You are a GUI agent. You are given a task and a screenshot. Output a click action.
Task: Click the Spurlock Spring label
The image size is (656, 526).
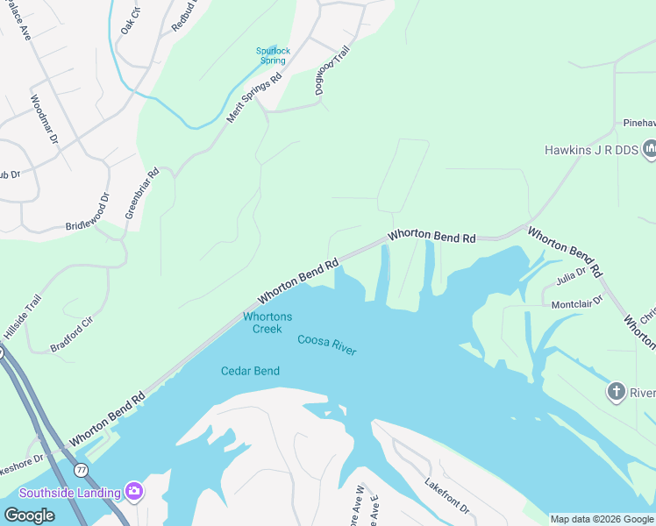click(x=272, y=56)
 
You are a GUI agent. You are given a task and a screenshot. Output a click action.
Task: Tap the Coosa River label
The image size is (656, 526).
click(x=326, y=344)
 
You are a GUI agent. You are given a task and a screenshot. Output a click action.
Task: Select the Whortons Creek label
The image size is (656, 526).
click(x=267, y=323)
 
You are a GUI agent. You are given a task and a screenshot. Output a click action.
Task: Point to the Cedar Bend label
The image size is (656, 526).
click(x=250, y=371)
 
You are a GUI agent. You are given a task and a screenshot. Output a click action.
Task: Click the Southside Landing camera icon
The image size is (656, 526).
click(x=133, y=490)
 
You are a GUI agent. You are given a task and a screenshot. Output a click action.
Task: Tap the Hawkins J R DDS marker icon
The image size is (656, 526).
click(x=650, y=150)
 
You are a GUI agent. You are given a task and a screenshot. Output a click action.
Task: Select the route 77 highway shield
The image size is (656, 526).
click(x=81, y=470)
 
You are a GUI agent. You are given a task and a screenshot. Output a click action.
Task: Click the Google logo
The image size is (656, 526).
click(x=29, y=515)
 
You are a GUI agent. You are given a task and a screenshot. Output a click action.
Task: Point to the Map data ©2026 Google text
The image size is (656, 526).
click(x=601, y=519)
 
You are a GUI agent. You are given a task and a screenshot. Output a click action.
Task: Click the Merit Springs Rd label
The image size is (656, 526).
click(x=253, y=97)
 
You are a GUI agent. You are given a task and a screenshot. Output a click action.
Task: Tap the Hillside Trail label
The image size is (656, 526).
click(x=22, y=317)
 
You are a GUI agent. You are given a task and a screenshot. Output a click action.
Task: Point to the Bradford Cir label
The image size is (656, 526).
click(x=73, y=334)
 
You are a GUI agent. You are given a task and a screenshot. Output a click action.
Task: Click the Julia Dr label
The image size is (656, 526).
click(x=570, y=276)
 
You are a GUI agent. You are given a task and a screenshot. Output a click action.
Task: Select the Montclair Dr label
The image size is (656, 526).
click(x=577, y=302)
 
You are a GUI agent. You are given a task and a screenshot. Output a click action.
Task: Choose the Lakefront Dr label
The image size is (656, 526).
click(x=447, y=496)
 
